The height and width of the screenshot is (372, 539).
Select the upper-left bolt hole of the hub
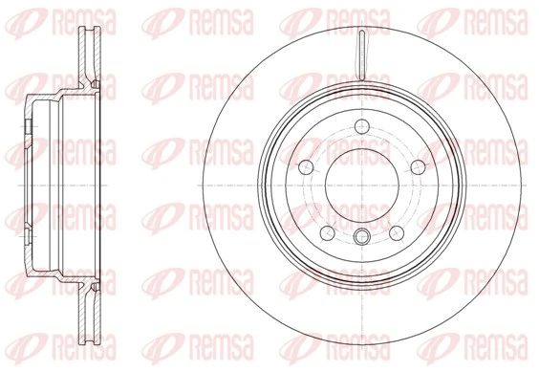pyautogui.click(x=309, y=165)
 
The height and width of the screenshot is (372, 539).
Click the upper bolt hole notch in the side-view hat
pyautogui.click(x=31, y=126)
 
